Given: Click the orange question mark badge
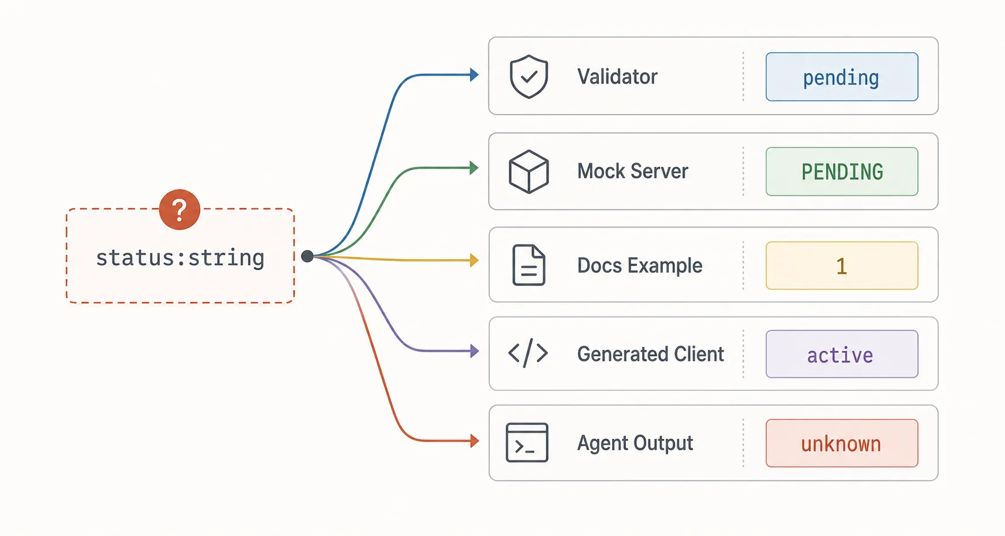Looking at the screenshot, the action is click(x=180, y=209).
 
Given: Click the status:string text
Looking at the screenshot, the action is click(x=180, y=257).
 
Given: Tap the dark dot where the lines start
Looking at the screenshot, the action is click(x=307, y=256).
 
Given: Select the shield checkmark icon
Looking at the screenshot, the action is click(x=529, y=77).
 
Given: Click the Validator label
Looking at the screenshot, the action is click(x=618, y=77).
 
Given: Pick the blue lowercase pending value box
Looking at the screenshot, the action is click(x=842, y=77).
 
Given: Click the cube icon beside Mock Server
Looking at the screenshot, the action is click(x=529, y=171).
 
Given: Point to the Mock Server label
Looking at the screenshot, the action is click(x=633, y=171).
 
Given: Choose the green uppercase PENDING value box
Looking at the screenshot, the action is click(x=842, y=171).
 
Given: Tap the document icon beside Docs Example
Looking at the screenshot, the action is click(x=529, y=265).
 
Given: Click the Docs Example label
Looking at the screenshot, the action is click(x=640, y=266).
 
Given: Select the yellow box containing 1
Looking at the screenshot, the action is click(x=842, y=266).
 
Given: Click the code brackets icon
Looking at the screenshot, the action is click(x=528, y=353).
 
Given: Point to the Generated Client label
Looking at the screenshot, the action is click(x=651, y=354).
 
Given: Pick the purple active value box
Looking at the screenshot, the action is click(x=842, y=354).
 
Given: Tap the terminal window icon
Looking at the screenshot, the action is click(x=527, y=442).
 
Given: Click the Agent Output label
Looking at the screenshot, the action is click(x=635, y=443).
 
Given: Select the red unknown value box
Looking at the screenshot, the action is click(x=842, y=443).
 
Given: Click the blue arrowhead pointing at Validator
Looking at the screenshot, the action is click(x=475, y=75).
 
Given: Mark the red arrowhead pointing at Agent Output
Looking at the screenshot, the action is click(x=475, y=441).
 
